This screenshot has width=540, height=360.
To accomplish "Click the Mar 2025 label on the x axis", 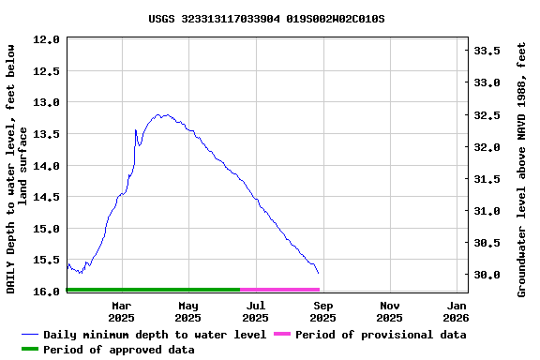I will pos(121,311).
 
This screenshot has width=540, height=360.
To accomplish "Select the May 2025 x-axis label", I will pos(188,311).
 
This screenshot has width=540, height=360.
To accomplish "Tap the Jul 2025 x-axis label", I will pos(255,311).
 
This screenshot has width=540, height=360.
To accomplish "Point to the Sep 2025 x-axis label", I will pos(322,311).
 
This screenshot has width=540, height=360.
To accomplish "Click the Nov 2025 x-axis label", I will pos(390,311).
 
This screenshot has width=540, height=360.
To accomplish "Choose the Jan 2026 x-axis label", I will pos(457,311).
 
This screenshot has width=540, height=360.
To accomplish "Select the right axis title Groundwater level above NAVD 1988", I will pos(522,169).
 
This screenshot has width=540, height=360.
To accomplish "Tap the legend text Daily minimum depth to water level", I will pos(155,335).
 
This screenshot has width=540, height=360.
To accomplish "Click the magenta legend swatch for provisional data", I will pos(282,335).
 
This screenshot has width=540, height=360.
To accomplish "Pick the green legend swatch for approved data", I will pos(30,350).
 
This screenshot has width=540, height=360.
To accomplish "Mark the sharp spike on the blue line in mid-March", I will pos(136,130).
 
